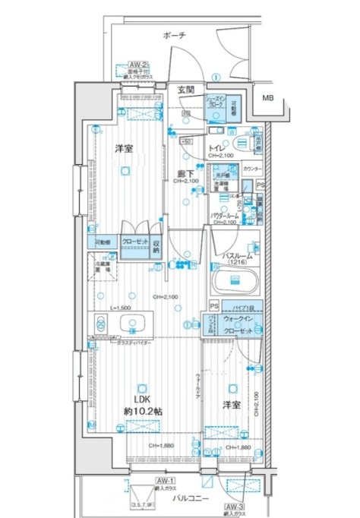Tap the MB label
(x=270, y=98)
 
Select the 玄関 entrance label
(x=186, y=90)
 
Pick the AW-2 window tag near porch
(x=137, y=65)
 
